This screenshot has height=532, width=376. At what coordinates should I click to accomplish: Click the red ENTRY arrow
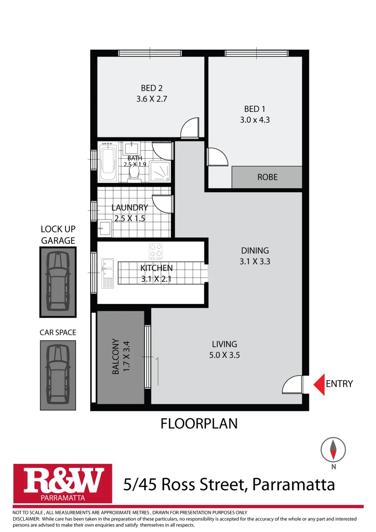click(x=319, y=384)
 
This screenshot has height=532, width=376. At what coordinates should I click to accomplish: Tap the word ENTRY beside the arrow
click(x=340, y=384)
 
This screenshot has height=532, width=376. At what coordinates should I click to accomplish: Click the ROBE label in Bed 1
click(x=267, y=177)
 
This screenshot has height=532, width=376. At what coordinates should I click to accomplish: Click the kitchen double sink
click(x=107, y=273)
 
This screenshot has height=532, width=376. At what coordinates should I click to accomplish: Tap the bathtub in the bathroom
click(x=108, y=163)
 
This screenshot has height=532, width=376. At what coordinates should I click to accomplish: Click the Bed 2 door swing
click(x=190, y=129)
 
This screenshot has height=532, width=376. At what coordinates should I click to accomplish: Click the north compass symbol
click(x=333, y=449)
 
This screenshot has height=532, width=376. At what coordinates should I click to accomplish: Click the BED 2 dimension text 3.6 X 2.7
click(x=152, y=99)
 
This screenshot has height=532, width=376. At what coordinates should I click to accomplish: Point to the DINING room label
click(x=255, y=250)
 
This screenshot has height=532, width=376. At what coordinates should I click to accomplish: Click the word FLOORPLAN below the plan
click(x=199, y=424)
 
